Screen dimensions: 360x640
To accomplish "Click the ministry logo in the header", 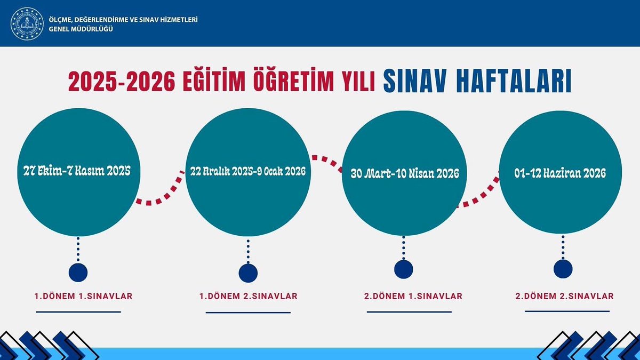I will click(27, 23).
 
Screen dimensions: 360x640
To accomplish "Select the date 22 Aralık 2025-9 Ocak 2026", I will click(248, 171).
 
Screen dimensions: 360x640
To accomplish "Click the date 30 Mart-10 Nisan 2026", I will click(405, 174).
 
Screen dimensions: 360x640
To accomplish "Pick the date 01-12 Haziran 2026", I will click(561, 173).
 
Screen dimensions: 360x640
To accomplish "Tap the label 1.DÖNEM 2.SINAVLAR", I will click(248, 295).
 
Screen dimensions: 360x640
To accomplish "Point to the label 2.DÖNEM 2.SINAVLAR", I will click(564, 295).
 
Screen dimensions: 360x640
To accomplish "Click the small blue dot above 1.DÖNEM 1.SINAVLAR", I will click(78, 272).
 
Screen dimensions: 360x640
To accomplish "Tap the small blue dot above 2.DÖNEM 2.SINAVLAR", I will click(563, 268).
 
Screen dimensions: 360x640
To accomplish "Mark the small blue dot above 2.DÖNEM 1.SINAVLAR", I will click(403, 268).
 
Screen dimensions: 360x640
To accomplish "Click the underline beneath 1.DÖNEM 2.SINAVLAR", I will click(248, 313).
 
